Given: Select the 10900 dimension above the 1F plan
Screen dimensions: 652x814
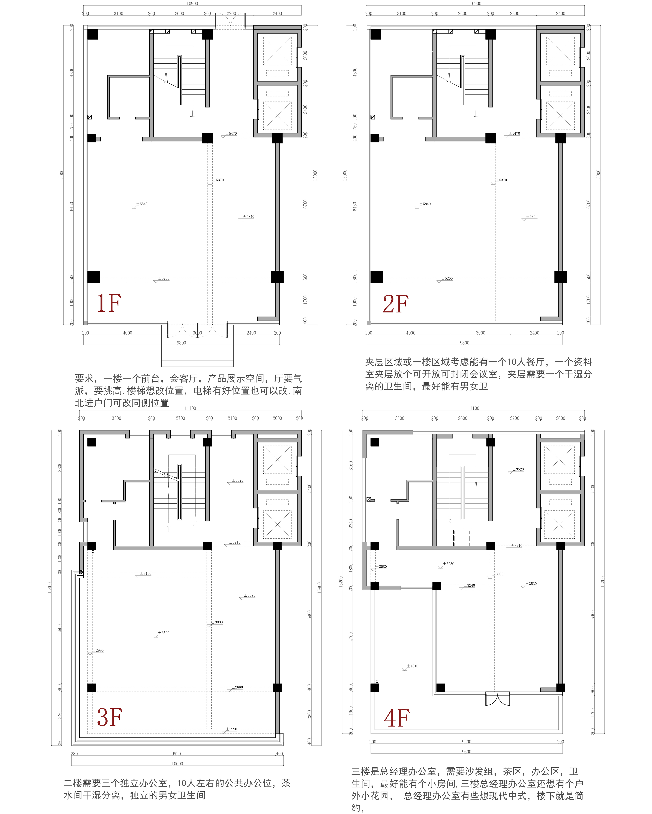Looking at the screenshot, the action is point(192,3).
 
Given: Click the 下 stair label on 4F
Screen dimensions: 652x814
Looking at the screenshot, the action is point(449,523).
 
